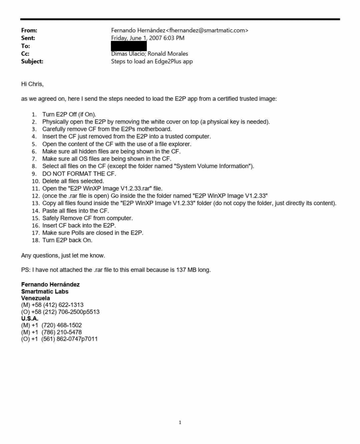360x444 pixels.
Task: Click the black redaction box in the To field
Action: click(x=129, y=46)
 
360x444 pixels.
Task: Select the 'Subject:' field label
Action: click(x=32, y=62)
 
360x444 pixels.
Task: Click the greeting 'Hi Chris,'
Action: click(x=33, y=84)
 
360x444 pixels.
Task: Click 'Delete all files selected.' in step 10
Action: click(x=73, y=181)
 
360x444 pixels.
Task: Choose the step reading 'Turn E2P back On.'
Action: click(x=67, y=240)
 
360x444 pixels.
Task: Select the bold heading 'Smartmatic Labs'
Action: click(x=45, y=291)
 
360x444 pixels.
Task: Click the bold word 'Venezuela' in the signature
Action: click(x=36, y=298)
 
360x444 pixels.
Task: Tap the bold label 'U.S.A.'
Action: click(x=30, y=318)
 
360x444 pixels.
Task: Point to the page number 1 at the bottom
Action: click(x=180, y=423)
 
